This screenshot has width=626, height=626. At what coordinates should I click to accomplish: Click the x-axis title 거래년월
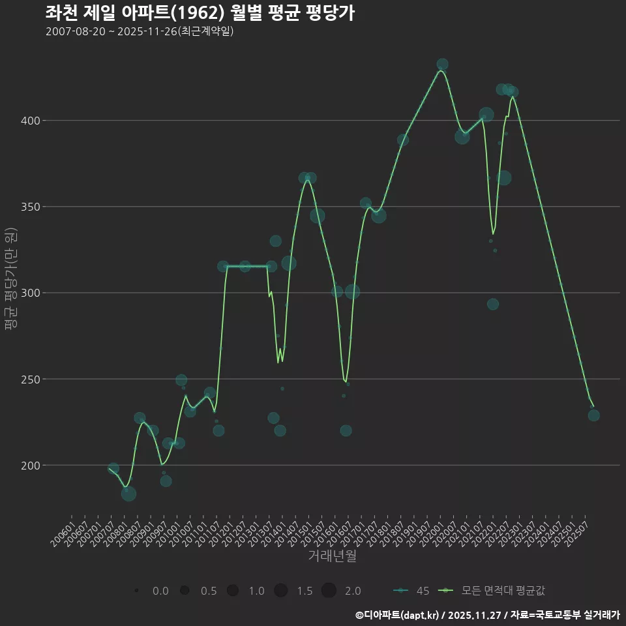(x=332, y=556)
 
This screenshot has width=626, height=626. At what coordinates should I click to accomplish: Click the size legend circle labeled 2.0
(x=329, y=591)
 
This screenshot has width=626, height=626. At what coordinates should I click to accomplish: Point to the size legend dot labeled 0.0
(x=136, y=591)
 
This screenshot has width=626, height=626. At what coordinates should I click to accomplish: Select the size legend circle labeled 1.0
(x=233, y=591)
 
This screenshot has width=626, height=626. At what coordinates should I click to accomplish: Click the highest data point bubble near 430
(x=442, y=65)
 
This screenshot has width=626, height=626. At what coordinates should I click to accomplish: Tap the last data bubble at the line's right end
(x=593, y=415)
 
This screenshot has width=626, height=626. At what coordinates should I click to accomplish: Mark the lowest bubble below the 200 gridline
(x=128, y=494)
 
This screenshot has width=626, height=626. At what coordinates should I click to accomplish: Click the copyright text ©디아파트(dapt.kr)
(x=398, y=614)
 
